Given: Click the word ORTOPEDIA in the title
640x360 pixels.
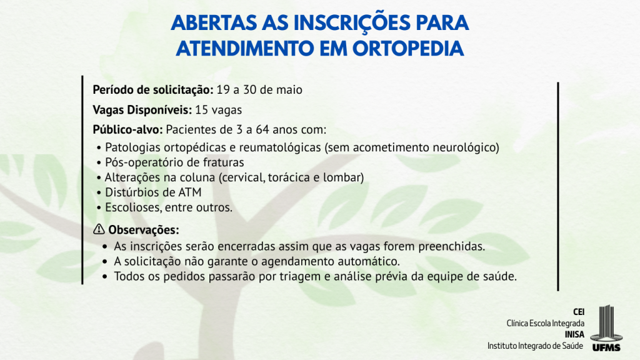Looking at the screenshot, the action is coord(408,49).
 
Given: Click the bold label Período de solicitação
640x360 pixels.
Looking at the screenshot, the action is coord(153,90).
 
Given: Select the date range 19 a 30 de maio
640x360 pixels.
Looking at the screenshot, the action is coord(259,90).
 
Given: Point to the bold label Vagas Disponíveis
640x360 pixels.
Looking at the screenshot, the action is coord(142,110).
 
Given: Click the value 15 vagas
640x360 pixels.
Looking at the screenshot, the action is coord(218,110).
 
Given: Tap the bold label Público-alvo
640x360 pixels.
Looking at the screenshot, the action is coord(127,130).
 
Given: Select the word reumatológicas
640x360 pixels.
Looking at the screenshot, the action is coord(280,147).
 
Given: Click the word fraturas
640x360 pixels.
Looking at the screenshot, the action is coord(221,162).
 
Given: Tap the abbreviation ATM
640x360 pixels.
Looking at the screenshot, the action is coord(190,192).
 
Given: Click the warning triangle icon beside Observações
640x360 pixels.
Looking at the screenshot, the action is coord(99,229).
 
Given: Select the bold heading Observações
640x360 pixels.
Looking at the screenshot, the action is coord(144,230).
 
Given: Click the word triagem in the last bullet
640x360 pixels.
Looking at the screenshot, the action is coord(300,277).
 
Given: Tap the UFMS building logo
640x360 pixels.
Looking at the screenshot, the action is coord(606,328).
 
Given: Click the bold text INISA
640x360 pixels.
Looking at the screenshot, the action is coord(574,335).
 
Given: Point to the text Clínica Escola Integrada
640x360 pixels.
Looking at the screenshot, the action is coord(545,323).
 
